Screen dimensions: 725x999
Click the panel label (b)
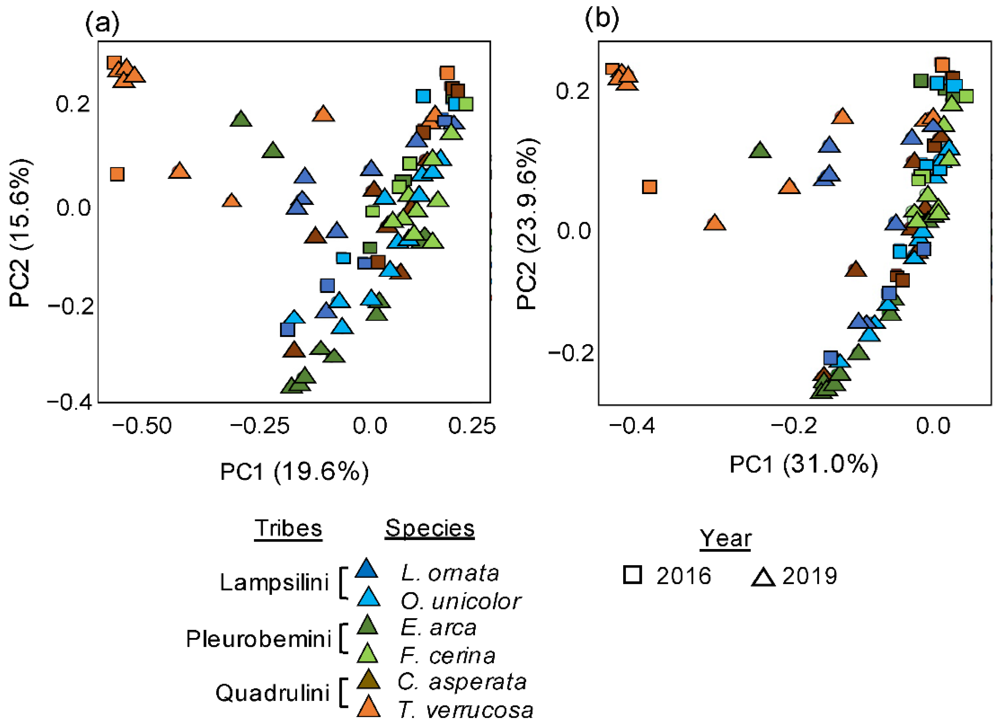(x=602, y=18)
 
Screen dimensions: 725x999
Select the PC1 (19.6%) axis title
(x=294, y=472)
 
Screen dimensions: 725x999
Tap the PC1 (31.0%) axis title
(x=803, y=464)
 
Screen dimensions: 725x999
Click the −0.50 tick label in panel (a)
(x=142, y=426)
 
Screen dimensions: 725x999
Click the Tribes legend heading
(x=289, y=528)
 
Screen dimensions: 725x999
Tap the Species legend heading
(x=430, y=528)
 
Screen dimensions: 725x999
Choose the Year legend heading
(x=726, y=538)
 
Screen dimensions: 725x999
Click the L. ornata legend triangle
(x=367, y=568)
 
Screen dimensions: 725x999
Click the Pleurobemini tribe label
(x=259, y=639)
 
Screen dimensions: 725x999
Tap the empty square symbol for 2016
(x=632, y=575)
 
